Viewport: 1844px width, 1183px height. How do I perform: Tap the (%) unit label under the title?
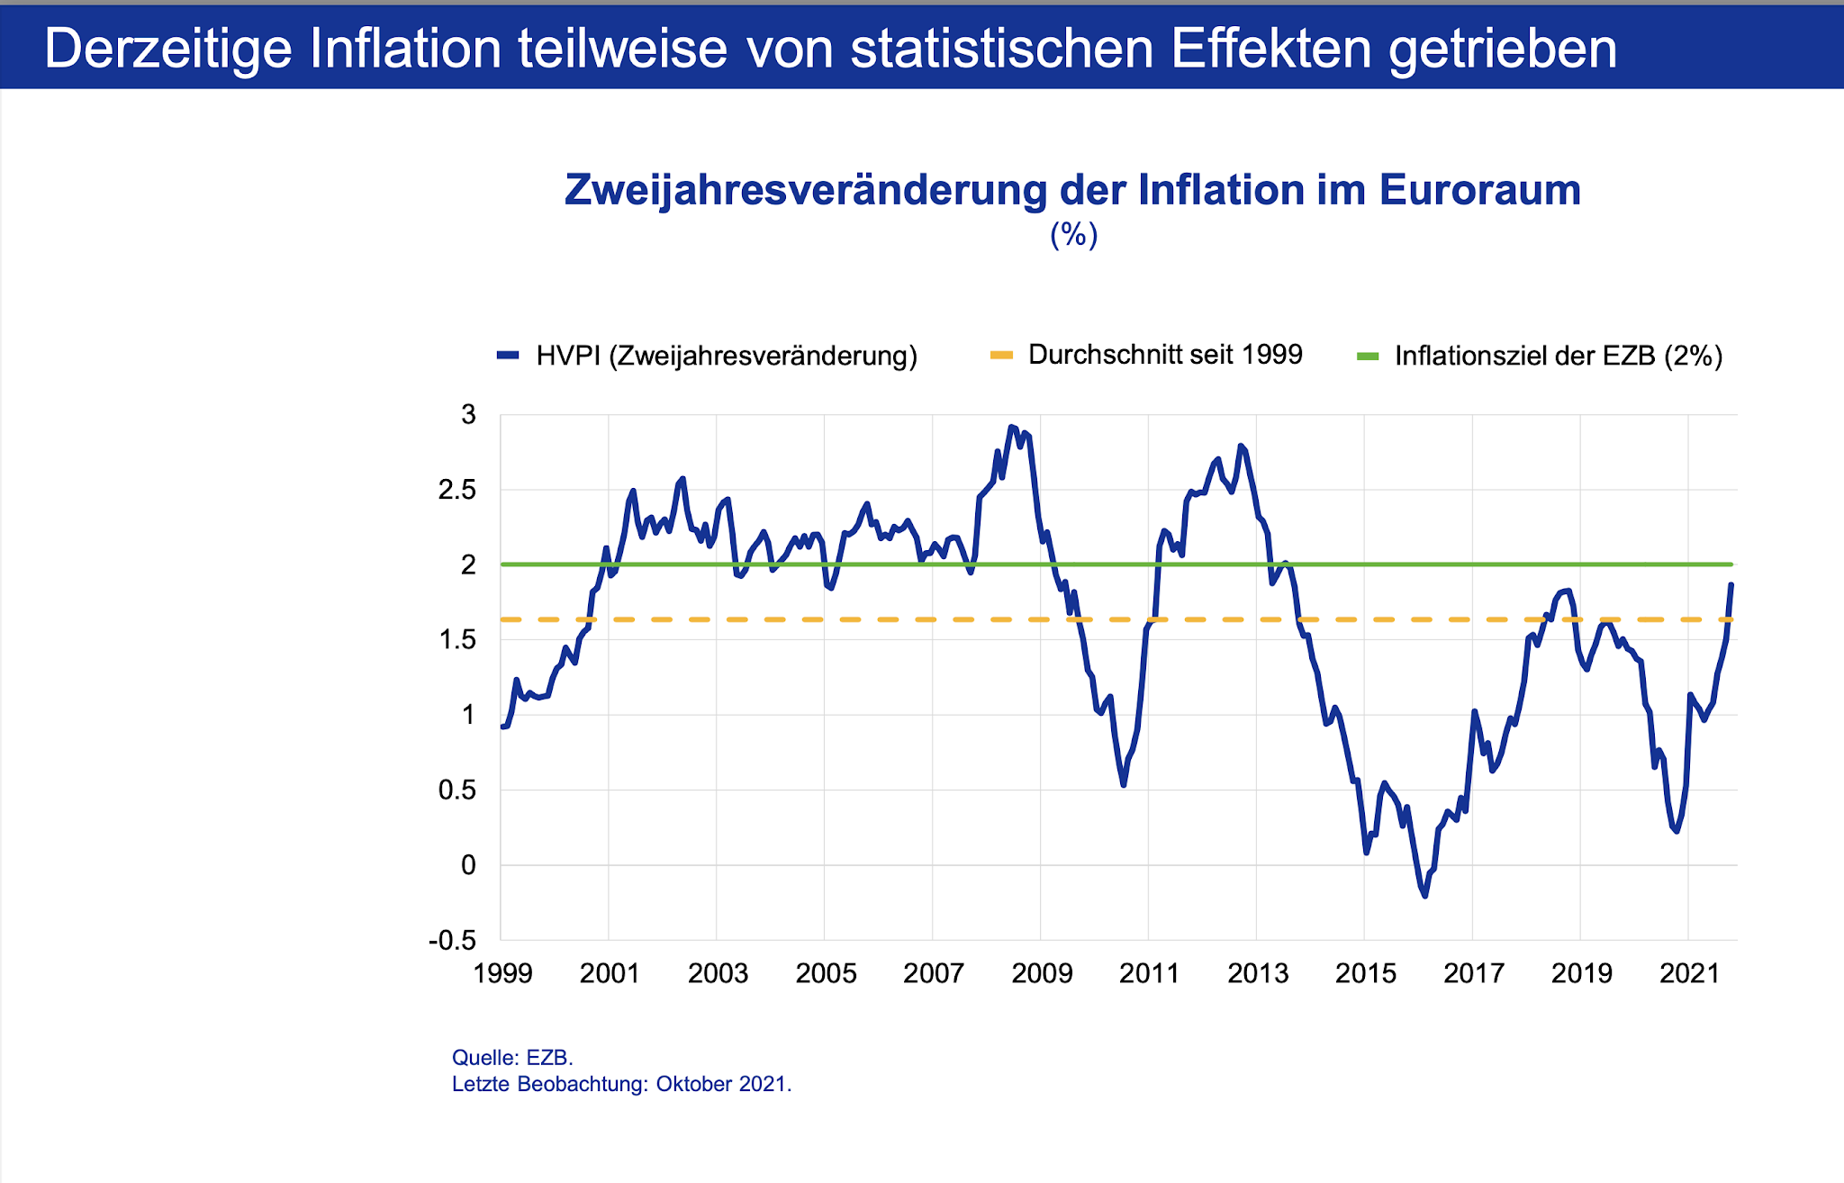(1073, 236)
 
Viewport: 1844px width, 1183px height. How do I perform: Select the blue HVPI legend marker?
(508, 356)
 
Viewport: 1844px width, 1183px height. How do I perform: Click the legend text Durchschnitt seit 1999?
(1165, 355)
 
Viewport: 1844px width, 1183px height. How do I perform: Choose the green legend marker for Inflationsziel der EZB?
(1367, 357)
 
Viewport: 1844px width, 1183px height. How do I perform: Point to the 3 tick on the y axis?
(468, 415)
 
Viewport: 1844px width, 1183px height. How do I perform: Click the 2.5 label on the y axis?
(457, 491)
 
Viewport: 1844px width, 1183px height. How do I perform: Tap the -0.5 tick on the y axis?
(453, 941)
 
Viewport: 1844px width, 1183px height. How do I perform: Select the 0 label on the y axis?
(468, 865)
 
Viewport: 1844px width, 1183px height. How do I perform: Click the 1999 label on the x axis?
(502, 973)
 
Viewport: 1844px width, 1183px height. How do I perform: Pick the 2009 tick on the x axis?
(1042, 973)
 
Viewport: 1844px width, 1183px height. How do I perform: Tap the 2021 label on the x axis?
(1689, 973)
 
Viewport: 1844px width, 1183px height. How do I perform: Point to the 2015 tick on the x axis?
(1366, 973)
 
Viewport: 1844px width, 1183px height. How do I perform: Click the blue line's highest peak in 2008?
(1011, 427)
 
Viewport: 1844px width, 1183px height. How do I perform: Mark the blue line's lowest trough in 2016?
(1424, 896)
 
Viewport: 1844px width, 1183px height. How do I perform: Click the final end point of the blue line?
(1731, 585)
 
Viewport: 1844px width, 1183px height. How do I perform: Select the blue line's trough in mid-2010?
(1124, 785)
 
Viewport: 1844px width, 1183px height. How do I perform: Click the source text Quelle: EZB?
(512, 1058)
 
